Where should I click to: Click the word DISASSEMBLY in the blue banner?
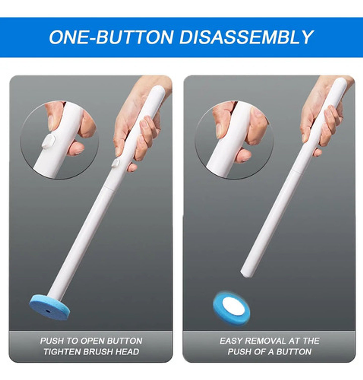(x=246, y=37)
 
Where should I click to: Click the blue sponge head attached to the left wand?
(x=49, y=307)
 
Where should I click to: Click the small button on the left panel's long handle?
(x=116, y=163)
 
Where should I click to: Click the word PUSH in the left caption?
(x=52, y=341)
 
